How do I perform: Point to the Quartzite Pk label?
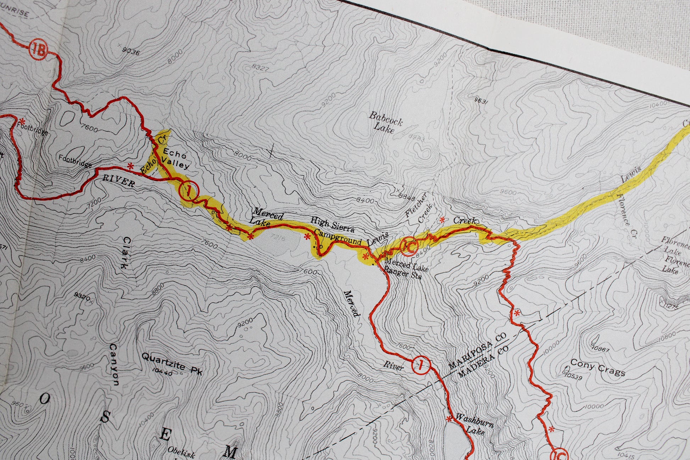pyautogui.click(x=172, y=362)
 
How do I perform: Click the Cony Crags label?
pyautogui.click(x=597, y=367)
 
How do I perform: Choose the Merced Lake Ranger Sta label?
pyautogui.click(x=405, y=269)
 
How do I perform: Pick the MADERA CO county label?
pyautogui.click(x=483, y=362)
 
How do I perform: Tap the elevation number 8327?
pyautogui.click(x=260, y=67)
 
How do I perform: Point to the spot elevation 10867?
pyautogui.click(x=600, y=349)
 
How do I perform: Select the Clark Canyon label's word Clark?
pyautogui.click(x=126, y=253)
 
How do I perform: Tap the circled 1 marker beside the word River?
pyautogui.click(x=421, y=364)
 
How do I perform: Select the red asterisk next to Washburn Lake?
pyautogui.click(x=449, y=419)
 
